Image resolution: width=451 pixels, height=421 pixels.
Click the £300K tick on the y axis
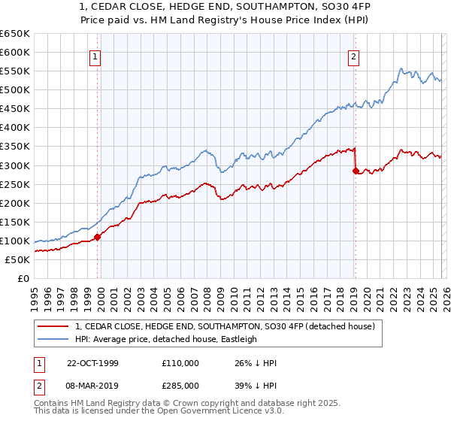point(15,165)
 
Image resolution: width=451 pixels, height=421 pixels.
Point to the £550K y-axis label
point(15,71)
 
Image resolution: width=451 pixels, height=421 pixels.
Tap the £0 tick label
point(23,279)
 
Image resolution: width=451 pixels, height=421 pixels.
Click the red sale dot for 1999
point(98,237)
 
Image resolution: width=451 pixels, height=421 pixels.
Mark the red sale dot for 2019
point(355,171)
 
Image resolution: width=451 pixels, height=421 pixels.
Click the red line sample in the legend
point(54,326)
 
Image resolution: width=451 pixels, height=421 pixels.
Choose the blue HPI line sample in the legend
point(54,339)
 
